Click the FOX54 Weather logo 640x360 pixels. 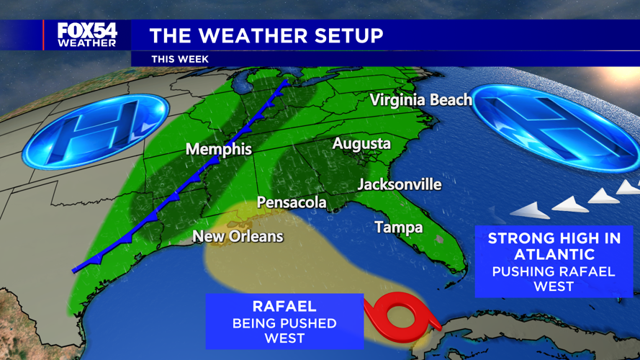tap(87, 35)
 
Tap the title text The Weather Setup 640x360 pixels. tap(266, 35)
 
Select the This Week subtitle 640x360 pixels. tap(180, 59)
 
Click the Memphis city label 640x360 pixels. tap(219, 150)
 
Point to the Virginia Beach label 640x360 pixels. tap(421, 100)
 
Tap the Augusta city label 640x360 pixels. tap(361, 144)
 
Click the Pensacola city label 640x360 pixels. tap(292, 202)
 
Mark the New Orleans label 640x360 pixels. tap(238, 236)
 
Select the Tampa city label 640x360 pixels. tap(398, 228)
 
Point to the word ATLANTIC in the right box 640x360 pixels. tap(554, 254)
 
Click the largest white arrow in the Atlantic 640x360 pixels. tap(533, 210)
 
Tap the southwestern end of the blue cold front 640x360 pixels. tap(75, 271)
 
